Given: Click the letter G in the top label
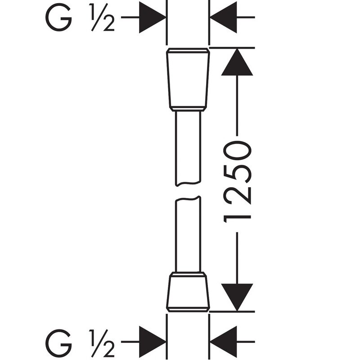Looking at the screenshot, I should (x=58, y=18).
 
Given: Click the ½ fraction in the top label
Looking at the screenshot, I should (x=103, y=18).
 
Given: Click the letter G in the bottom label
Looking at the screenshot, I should (x=58, y=343).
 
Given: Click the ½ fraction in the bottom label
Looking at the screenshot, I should (x=103, y=343).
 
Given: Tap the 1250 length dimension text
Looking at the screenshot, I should (x=237, y=180).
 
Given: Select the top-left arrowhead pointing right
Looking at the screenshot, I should (x=152, y=18).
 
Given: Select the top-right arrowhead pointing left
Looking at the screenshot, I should (x=224, y=18).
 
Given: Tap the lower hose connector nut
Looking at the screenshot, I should (x=188, y=290).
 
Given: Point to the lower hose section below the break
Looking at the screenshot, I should (x=188, y=234).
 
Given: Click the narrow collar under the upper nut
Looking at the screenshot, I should (x=188, y=108).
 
